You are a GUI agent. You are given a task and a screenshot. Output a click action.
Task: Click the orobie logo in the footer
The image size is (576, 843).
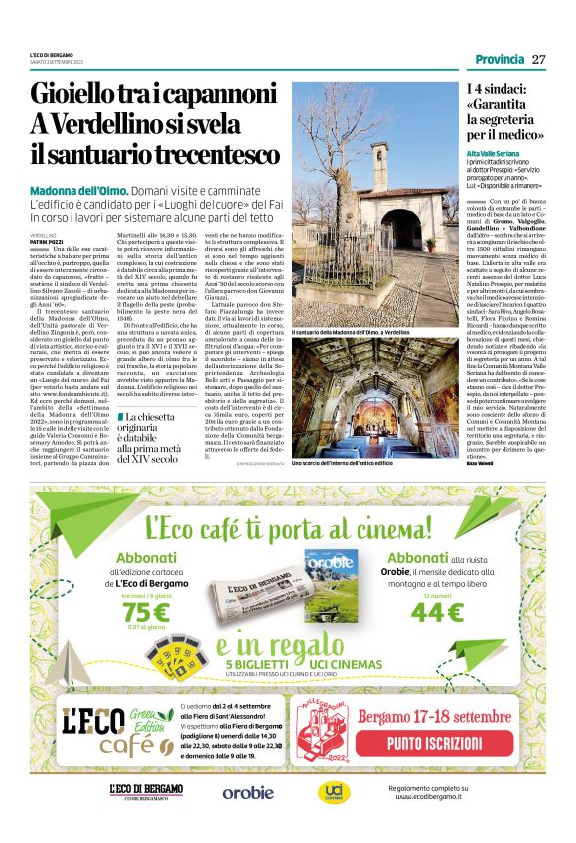[248, 791]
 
